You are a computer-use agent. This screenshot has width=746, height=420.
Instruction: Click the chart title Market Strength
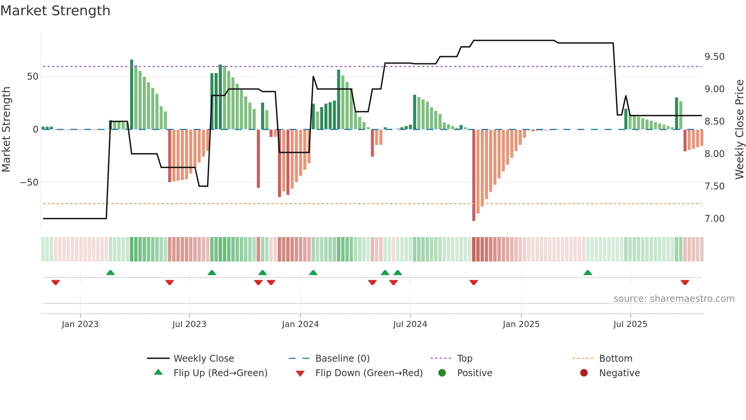point(56,11)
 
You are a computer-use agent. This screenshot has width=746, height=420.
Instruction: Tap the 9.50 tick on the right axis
point(714,57)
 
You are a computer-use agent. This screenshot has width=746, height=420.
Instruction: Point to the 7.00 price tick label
point(714,219)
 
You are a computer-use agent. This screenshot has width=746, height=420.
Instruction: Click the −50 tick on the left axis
point(29,183)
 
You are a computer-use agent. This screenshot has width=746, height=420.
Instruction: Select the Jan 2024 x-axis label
point(300,324)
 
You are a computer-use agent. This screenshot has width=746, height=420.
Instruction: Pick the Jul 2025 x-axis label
point(630,324)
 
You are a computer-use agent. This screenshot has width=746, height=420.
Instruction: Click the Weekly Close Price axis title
point(739,130)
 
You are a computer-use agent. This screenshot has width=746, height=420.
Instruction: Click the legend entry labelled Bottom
point(615,359)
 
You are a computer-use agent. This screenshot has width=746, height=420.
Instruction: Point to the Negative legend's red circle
point(584,373)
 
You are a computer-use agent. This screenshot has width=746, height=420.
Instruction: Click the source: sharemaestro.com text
point(674,299)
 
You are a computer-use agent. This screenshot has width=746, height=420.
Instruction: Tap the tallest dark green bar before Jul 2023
point(132,95)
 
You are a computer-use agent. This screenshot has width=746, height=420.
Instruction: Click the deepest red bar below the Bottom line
point(474,175)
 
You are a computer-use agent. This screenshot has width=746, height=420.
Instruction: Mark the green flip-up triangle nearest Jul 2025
point(588,273)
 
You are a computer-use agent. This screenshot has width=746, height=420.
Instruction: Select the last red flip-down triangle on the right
point(685,282)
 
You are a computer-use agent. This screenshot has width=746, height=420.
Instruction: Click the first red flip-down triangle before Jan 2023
point(56,282)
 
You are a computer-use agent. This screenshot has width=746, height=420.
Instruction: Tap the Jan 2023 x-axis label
point(80,324)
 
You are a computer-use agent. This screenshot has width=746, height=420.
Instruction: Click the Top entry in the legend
point(464,359)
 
